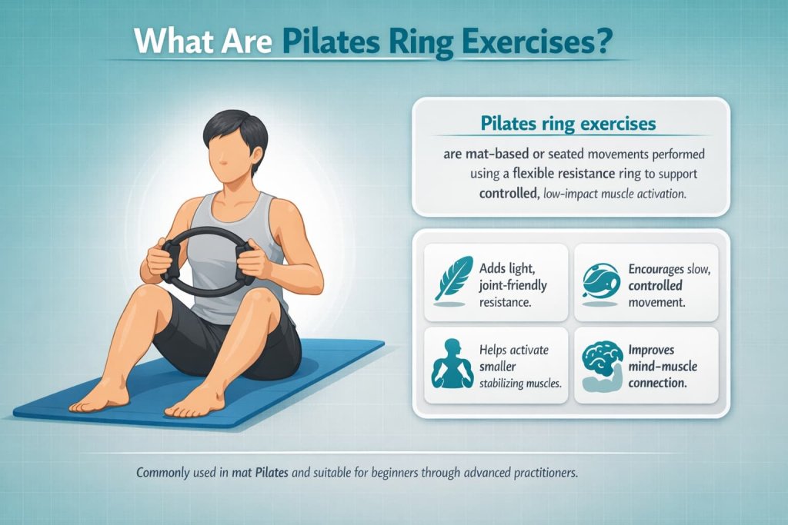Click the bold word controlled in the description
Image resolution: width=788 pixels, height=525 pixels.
506,194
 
